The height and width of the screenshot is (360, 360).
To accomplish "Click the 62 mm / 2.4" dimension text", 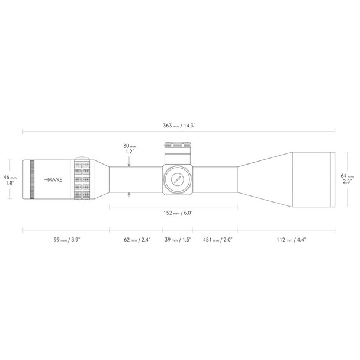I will pos(137,240).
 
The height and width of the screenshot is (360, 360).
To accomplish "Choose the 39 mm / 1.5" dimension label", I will pos(178,240).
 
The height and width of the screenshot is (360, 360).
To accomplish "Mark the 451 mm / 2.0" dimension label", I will pos(216,240).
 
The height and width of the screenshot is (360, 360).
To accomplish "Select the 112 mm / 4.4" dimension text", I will pos(290,240).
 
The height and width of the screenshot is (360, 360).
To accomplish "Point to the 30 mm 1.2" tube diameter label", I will pos(129,149).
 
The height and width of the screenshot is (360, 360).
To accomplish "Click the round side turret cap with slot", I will pos(176,178).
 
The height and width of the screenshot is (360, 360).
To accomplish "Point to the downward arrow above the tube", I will pos(129,161).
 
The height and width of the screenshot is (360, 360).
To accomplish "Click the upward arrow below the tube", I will pos(129,194).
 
